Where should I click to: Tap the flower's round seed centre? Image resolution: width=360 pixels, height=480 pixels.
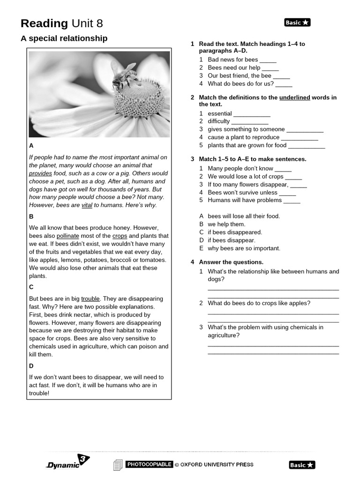coord(139,98)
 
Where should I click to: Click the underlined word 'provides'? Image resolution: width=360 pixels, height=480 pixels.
coord(41,173)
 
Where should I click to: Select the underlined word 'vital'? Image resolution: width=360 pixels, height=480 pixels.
coord(87,205)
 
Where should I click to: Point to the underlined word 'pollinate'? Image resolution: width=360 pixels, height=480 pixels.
coord(67,236)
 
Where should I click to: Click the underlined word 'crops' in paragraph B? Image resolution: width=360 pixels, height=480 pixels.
coord(120,236)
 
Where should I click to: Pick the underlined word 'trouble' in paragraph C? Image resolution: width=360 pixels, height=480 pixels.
coord(90,299)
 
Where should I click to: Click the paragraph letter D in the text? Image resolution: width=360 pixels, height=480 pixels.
coord(31,366)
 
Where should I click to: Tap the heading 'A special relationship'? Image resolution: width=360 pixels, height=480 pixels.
coord(64,38)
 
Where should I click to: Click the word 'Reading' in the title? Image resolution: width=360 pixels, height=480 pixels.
coord(45,23)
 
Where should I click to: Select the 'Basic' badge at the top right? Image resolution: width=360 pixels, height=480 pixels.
coord(297,22)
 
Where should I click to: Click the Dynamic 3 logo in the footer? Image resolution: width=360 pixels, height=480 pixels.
coord(68,462)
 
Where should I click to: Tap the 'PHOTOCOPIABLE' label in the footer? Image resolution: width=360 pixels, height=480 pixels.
coord(149,465)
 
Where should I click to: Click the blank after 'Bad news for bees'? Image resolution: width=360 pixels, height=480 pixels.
coord(268,60)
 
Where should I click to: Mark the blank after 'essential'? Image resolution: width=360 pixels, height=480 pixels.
coord(252,114)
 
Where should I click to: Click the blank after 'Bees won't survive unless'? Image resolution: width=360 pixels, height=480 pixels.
coord(287,193)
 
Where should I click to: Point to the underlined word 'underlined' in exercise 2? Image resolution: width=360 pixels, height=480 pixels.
coord(294,97)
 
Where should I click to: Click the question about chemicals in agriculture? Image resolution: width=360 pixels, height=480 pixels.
coord(265,331)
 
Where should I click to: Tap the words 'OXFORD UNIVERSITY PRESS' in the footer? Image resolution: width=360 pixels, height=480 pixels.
coord(217,465)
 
